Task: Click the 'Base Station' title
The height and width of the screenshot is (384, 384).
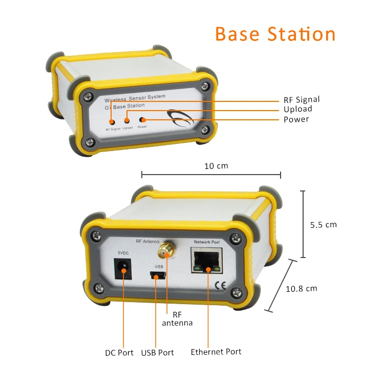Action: (x=275, y=34)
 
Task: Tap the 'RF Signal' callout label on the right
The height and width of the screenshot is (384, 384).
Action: (x=302, y=100)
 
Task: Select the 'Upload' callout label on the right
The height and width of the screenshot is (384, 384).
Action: (x=297, y=109)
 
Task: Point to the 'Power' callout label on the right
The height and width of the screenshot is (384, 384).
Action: (x=296, y=119)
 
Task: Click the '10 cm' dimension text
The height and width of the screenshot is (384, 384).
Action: (x=216, y=166)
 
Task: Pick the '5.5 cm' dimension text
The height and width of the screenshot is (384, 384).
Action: (x=324, y=224)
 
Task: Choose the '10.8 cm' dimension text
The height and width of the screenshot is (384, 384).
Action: (x=301, y=288)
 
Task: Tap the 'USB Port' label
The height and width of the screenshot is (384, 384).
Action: (x=157, y=352)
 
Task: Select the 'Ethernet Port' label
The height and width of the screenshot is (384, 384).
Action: (x=216, y=352)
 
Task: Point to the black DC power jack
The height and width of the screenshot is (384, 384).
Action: (x=123, y=268)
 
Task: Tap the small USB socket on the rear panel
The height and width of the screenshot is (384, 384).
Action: (x=159, y=276)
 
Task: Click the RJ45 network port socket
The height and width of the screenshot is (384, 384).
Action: (x=207, y=262)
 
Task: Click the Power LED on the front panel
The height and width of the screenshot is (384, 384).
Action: (x=142, y=119)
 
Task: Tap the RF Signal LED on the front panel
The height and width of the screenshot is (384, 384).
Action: (x=112, y=122)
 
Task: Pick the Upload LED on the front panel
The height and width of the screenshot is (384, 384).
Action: (x=127, y=121)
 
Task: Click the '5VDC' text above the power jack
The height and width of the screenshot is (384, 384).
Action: (x=123, y=253)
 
